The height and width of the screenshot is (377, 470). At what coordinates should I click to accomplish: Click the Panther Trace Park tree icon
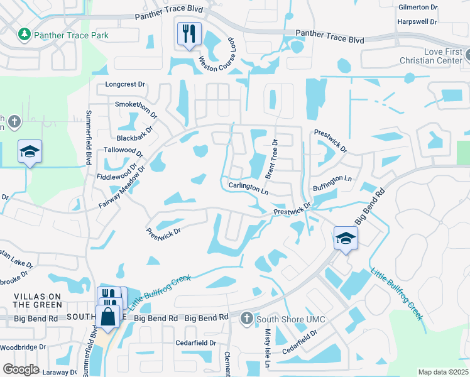point(25,33)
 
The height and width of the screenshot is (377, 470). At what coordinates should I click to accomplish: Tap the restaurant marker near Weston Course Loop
point(189,33)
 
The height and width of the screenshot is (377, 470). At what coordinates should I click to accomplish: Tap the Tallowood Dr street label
point(124,151)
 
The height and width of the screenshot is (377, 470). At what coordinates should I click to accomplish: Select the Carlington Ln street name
point(248,187)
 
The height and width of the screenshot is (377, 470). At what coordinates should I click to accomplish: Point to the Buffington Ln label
point(332,179)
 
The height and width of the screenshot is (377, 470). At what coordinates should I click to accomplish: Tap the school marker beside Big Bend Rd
point(345,238)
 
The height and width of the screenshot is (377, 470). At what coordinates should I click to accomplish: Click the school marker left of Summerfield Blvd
point(30,152)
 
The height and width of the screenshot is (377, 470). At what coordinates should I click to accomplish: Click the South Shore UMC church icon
point(246,319)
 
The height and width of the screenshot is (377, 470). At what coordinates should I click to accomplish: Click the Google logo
point(21,369)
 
